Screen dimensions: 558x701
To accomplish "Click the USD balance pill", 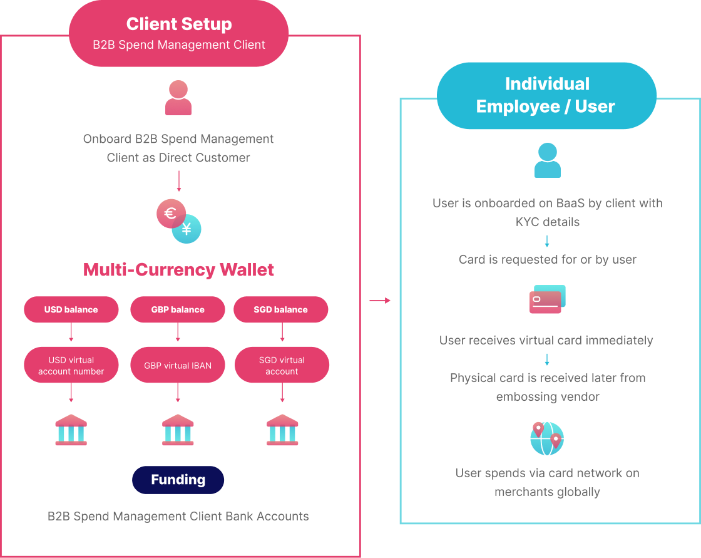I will pos(71,309).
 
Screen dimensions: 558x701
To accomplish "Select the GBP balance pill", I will pos(178,309).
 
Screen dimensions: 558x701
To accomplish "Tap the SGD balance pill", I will pos(280,309).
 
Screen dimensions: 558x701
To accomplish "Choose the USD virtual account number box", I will pos(71,366).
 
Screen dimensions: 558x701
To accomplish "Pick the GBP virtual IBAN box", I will pos(178,366).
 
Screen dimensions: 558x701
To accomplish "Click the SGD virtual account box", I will pos(282,366).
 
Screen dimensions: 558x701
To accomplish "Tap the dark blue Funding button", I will pos(178,480).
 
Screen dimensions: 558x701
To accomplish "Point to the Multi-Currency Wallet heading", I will pos(178,270).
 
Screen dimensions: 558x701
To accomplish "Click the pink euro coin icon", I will pos(170,214).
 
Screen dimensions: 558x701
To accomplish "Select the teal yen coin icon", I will pos(187,229).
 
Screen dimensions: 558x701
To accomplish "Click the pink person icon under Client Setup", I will pos(178,98).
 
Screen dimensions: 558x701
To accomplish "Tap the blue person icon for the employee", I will pos(547,160).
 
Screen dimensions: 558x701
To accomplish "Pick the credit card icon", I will pos(547,299).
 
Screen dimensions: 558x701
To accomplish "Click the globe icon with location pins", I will pos(547,438).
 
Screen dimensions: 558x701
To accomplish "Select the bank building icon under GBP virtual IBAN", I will pos(178,430).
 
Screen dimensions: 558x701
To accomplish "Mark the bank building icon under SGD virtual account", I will pos(282,430).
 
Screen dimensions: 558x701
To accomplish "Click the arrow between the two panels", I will pos(380,301).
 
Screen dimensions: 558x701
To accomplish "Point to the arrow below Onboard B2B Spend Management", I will pos(178,181).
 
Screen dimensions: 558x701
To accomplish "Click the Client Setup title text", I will pos(179,24).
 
